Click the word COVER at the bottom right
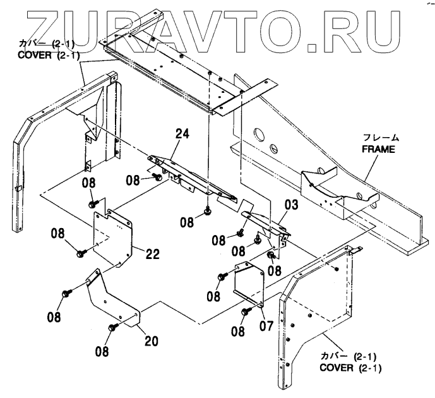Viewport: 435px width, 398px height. click(338, 368)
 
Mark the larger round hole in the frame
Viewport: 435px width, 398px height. click(257, 135)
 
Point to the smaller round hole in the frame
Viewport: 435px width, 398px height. click(274, 148)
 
